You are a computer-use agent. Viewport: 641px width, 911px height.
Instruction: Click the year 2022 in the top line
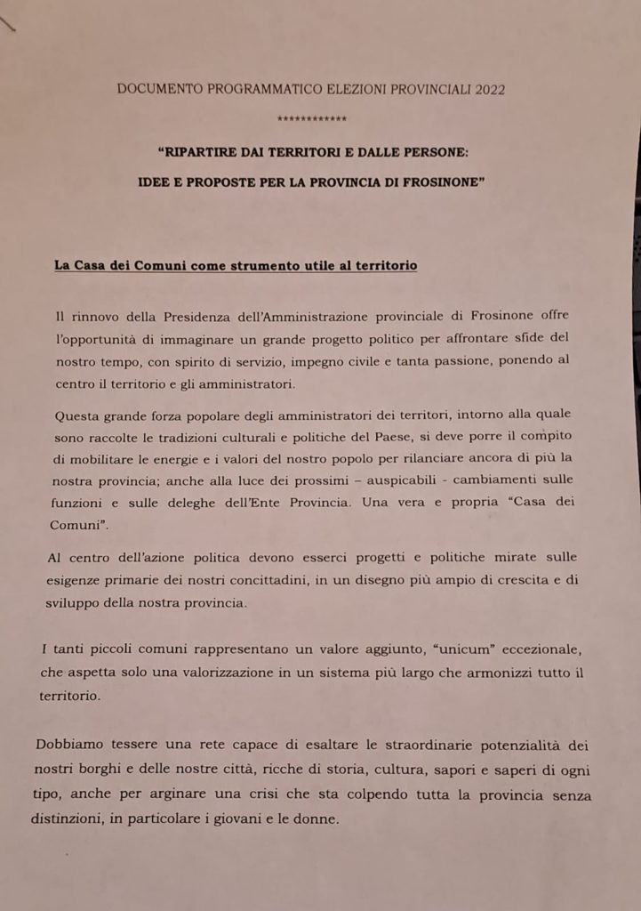coord(490,89)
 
